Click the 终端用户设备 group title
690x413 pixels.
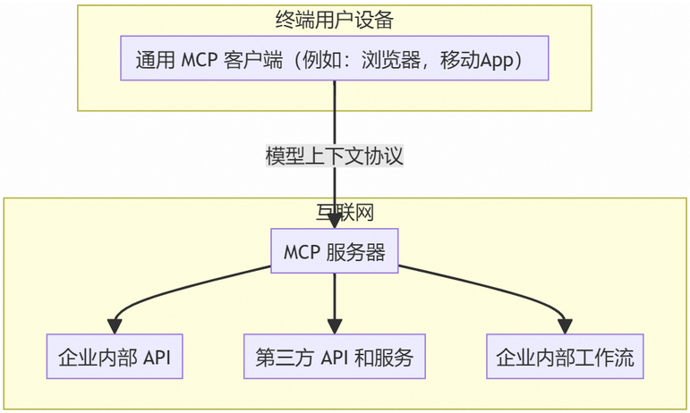tap(334, 19)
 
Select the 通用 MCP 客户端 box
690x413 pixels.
tap(334, 59)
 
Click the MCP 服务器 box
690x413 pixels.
tap(335, 253)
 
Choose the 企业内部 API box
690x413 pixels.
tap(114, 358)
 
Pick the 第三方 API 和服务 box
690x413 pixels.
tap(334, 358)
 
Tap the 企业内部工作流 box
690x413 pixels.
tap(565, 358)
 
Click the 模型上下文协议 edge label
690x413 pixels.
tap(334, 156)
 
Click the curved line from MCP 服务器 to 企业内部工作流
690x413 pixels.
tap(501, 284)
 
